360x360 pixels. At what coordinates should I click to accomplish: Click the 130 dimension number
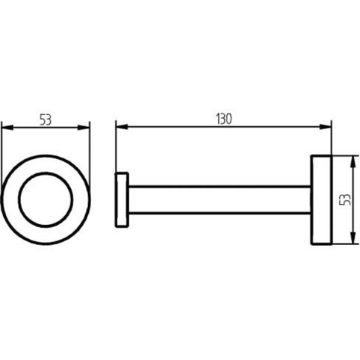click(224, 119)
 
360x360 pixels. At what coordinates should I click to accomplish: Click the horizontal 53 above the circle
click(46, 120)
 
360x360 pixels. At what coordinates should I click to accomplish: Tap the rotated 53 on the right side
click(345, 199)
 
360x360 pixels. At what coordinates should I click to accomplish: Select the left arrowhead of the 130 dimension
click(122, 127)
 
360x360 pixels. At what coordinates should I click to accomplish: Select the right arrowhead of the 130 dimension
click(326, 127)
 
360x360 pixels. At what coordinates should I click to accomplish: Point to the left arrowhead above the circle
click(7, 128)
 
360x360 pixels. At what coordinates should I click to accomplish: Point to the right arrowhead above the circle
click(84, 128)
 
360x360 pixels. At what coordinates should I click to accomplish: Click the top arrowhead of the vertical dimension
click(353, 161)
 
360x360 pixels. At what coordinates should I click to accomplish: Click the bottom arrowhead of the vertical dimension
click(353, 238)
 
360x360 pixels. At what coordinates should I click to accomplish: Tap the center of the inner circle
click(46, 199)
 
